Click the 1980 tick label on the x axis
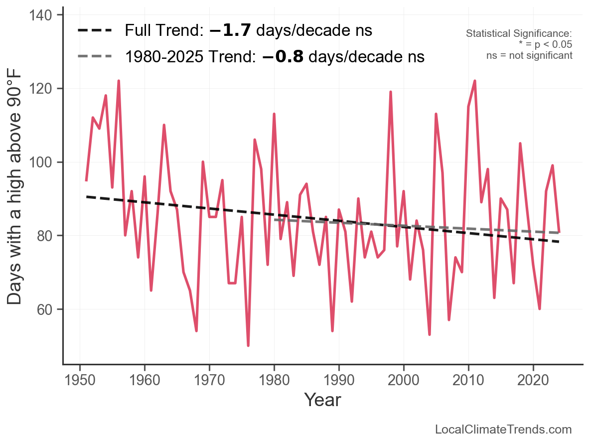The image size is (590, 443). [274, 381]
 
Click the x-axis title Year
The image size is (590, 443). [322, 400]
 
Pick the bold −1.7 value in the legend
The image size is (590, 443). [232, 30]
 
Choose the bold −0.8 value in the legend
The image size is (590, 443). [282, 57]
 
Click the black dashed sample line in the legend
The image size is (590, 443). [95, 31]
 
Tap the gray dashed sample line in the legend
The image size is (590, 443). [95, 57]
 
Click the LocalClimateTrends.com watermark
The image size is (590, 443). [503, 430]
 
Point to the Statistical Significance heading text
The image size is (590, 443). [519, 34]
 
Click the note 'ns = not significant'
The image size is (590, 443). [529, 55]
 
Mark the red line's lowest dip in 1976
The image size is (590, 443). [248, 345]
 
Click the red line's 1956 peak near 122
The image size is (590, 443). [119, 81]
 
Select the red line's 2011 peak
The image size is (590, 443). [475, 81]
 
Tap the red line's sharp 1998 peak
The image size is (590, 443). [391, 92]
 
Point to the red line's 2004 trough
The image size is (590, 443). [430, 334]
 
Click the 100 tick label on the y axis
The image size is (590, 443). [44, 162]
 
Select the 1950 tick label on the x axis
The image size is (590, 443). [80, 381]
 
